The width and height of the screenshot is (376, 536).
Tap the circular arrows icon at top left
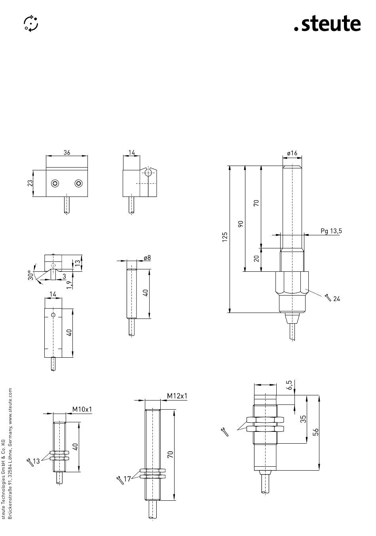pos(31,23)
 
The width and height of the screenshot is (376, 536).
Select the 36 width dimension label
pos(67,153)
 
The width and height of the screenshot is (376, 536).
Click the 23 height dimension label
pos(30,183)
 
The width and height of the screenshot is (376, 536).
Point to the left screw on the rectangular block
pos(55,183)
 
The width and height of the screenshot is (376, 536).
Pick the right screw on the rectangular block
pos(78,183)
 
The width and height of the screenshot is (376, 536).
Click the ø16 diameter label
pos(292,153)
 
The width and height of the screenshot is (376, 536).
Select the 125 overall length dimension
pos(225,237)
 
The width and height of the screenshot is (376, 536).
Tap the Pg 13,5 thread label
pos(331,231)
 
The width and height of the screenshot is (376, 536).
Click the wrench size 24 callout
pos(332,298)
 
